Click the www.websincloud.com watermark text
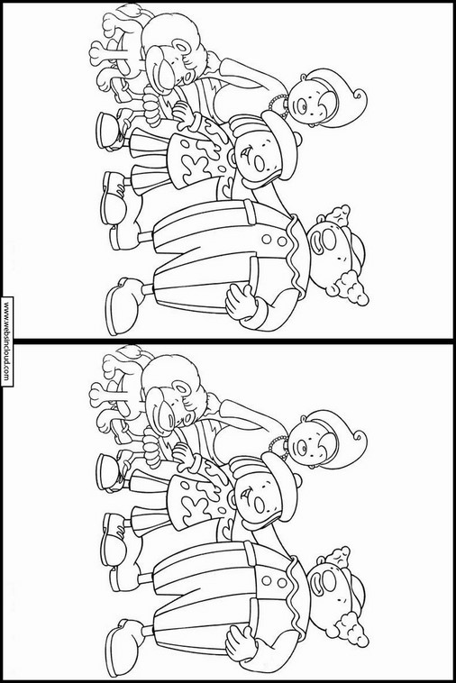pos(6,341)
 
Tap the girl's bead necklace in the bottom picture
pos(278,445)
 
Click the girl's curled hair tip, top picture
pos(359,96)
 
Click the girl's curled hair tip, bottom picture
pos(359,436)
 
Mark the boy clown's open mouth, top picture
pos(259,165)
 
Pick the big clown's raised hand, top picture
pos(239,301)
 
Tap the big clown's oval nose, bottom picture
pos(330,579)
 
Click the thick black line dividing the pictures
pos(228,340)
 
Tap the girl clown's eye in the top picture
pos(301,105)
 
